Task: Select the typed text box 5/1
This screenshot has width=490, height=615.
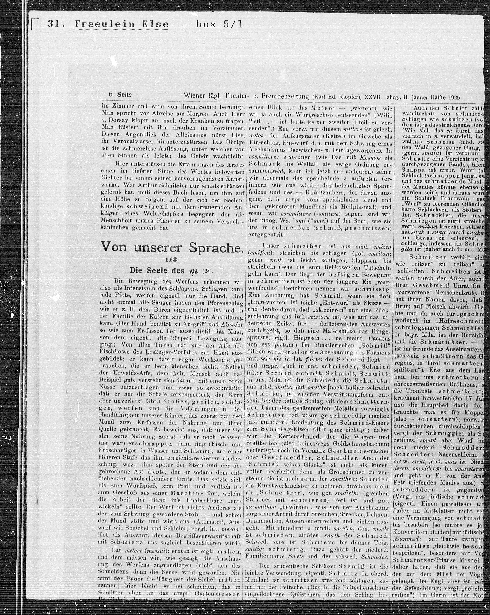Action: [219, 24]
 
